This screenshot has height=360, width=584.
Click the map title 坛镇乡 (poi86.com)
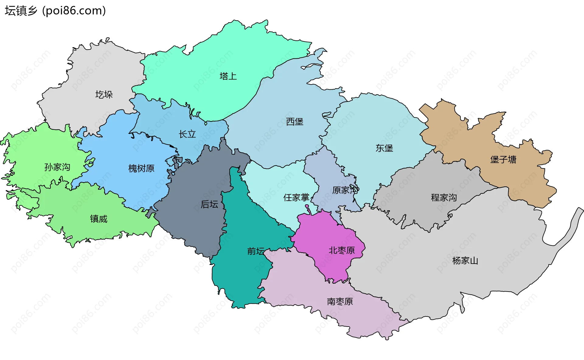55,11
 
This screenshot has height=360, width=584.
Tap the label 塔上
228,76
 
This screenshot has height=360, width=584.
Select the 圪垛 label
104,95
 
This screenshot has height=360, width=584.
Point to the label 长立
187,134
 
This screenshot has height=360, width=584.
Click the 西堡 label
295,122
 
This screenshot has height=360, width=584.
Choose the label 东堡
384,148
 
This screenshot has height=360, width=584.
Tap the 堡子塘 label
503,159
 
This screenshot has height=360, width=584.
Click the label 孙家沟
57,167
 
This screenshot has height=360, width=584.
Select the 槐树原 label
141,168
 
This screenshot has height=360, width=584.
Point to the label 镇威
99,219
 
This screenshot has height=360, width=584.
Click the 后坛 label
209,204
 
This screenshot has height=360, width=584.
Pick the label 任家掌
296,198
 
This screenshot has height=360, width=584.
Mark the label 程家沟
444,198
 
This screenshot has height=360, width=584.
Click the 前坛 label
256,251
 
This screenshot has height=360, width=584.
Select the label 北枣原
342,250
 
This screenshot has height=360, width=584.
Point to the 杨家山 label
465,261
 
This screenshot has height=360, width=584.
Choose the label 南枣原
340,301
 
